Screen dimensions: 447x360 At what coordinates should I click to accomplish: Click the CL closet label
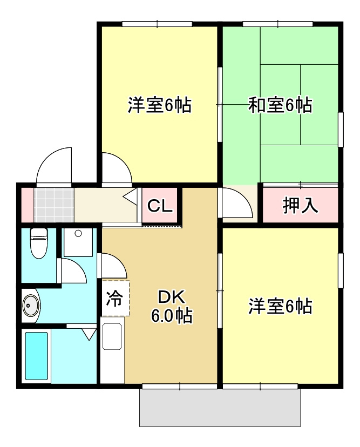160,206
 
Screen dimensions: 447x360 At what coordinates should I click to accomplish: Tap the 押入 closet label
301,205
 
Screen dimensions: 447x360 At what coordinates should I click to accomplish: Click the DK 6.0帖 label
171,306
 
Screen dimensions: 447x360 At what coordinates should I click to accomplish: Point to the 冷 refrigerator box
115,298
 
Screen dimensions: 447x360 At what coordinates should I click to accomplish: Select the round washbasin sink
31,306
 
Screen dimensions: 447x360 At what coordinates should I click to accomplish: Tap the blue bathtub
37,357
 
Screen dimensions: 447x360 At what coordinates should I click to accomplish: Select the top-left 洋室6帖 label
160,105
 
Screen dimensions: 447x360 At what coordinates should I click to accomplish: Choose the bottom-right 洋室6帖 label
280,307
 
